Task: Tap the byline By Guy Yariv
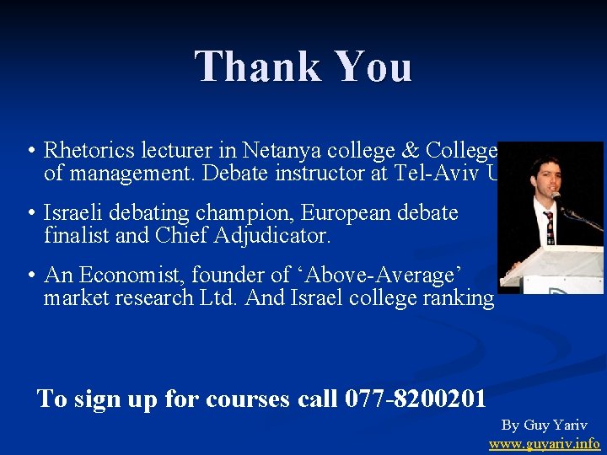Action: [544, 425]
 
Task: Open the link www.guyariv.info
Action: [544, 442]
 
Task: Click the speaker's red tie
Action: [549, 225]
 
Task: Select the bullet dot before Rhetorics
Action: [29, 152]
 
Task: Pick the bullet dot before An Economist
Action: [29, 275]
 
